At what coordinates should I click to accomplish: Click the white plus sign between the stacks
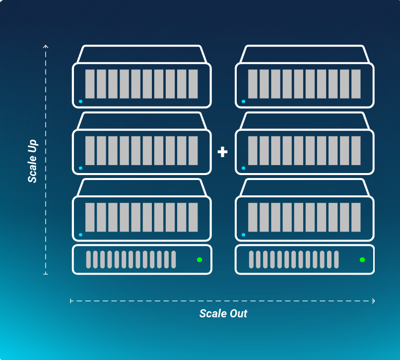click(222, 152)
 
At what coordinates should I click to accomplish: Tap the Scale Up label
click(33, 160)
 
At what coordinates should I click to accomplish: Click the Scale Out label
click(223, 313)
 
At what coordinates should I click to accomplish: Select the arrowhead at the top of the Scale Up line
click(46, 47)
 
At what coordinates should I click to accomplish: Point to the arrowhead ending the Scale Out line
click(373, 300)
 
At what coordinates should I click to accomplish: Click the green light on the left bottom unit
click(200, 259)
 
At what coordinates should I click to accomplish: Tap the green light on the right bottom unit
click(362, 259)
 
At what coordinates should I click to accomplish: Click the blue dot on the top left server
click(80, 102)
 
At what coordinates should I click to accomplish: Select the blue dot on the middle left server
click(80, 169)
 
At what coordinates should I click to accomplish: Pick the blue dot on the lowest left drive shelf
click(80, 235)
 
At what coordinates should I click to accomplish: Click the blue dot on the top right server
click(243, 102)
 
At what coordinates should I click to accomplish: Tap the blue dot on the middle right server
click(243, 169)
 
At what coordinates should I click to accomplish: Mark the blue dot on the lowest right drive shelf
click(243, 235)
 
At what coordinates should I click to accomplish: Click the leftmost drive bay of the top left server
click(90, 84)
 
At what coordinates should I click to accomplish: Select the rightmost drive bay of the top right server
click(356, 84)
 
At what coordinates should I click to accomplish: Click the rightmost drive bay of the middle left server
click(193, 151)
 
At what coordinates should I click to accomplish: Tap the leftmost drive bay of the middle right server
click(253, 151)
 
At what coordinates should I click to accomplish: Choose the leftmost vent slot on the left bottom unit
click(89, 259)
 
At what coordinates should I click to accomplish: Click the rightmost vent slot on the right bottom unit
click(336, 259)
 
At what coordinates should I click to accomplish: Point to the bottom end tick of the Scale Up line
click(46, 273)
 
